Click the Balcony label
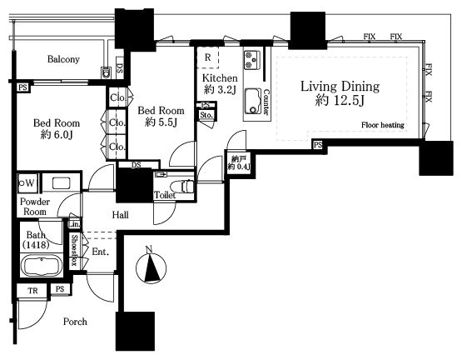pos(63,59)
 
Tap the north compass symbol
pos(152,267)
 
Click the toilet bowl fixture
pos(187,186)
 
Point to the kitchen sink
pos(253,101)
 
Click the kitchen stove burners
pos(252,60)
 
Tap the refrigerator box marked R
pos(208,57)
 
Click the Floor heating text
pos(382,125)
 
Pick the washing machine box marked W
pos(27,183)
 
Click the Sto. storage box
pos(206,115)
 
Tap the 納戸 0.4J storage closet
pos(239,163)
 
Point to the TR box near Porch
pos(32,291)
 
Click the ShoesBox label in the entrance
pos(74,250)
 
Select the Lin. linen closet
pos(73,224)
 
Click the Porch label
pos(75,322)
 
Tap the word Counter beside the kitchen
pos(266,102)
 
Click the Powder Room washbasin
pos(61,183)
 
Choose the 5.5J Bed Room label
pos(161,117)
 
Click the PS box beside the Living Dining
pos(318,145)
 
